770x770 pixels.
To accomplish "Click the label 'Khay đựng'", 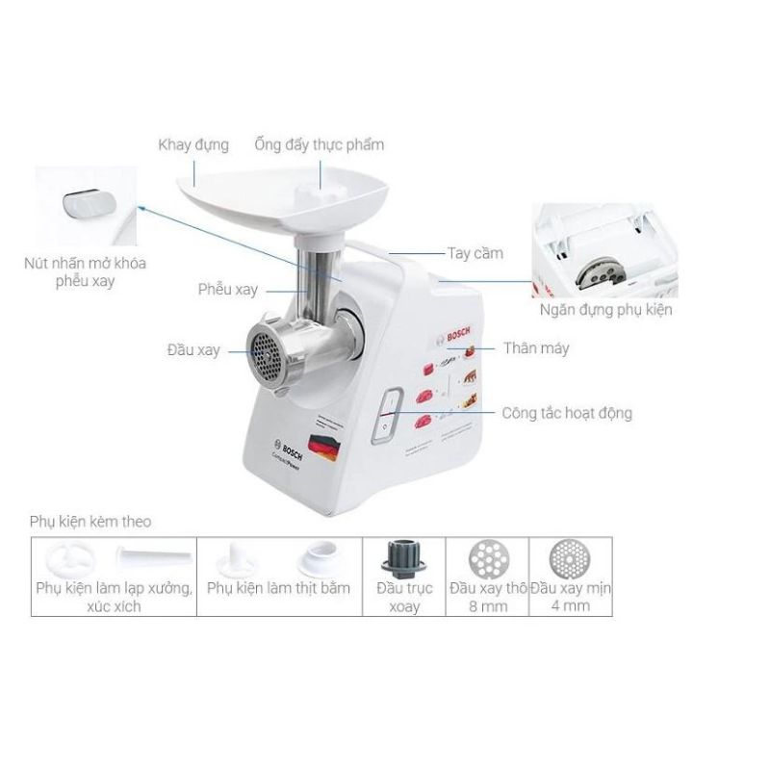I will tap(193, 145).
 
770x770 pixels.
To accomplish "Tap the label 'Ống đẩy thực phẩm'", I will tap(320, 144).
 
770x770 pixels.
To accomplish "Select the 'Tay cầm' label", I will tap(475, 253).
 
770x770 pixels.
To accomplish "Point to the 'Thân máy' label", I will tap(536, 347).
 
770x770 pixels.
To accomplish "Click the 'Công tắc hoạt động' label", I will tap(567, 413).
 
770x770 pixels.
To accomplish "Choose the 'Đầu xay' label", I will tap(192, 350).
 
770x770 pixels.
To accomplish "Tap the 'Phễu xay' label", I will tap(228, 289).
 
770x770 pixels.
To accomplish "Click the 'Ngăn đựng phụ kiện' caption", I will tap(604, 309).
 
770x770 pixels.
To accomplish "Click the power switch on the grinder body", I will tap(385, 418).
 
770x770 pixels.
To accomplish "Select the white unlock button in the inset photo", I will tap(85, 205).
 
